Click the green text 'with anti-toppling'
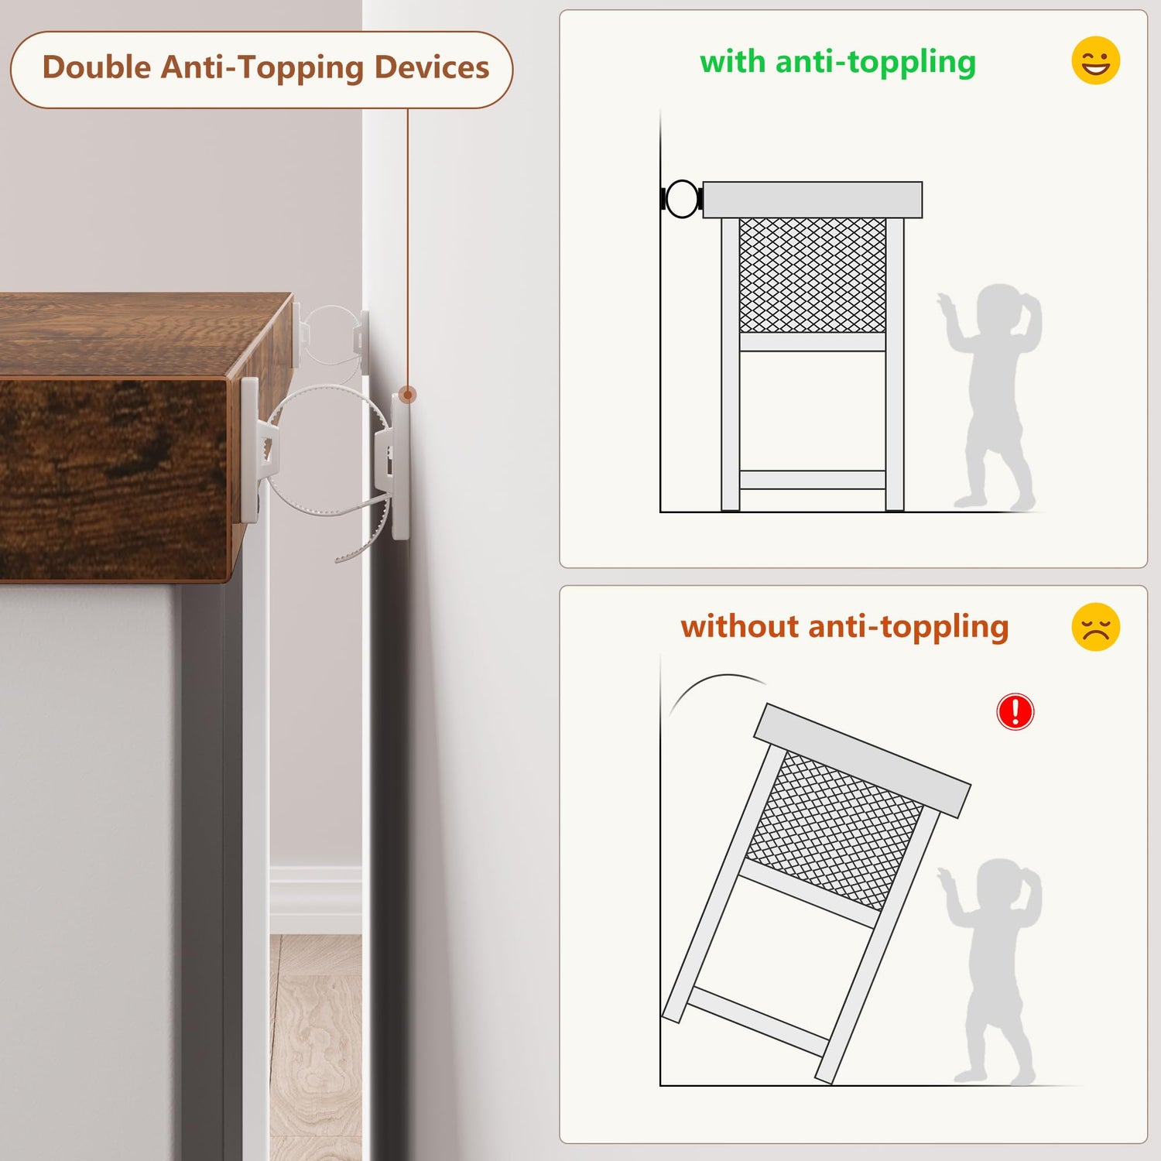click(837, 62)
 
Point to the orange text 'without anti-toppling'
click(844, 627)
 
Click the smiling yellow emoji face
click(1096, 60)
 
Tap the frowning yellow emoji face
click(1096, 627)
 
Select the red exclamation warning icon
click(1015, 711)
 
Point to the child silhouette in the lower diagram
click(991, 971)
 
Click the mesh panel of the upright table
click(813, 275)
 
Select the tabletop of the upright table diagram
click(813, 200)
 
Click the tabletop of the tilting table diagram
click(862, 760)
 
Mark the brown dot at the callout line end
click(408, 395)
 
